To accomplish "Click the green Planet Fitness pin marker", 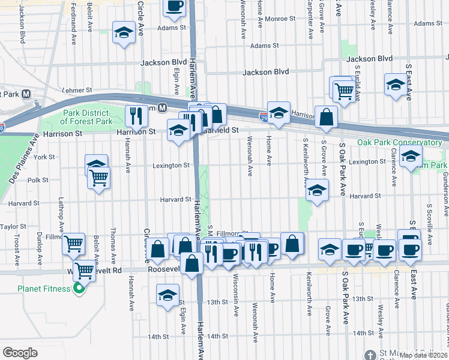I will click(x=79, y=290).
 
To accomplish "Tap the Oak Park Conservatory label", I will click(x=399, y=143).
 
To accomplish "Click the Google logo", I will click(x=20, y=352).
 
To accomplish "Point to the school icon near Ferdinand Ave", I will click(x=124, y=34).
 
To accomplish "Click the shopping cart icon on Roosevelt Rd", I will click(x=85, y=271).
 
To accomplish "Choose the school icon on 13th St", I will click(x=167, y=294).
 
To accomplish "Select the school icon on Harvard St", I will click(x=316, y=191).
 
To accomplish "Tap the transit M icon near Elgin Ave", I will click(x=162, y=108).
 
